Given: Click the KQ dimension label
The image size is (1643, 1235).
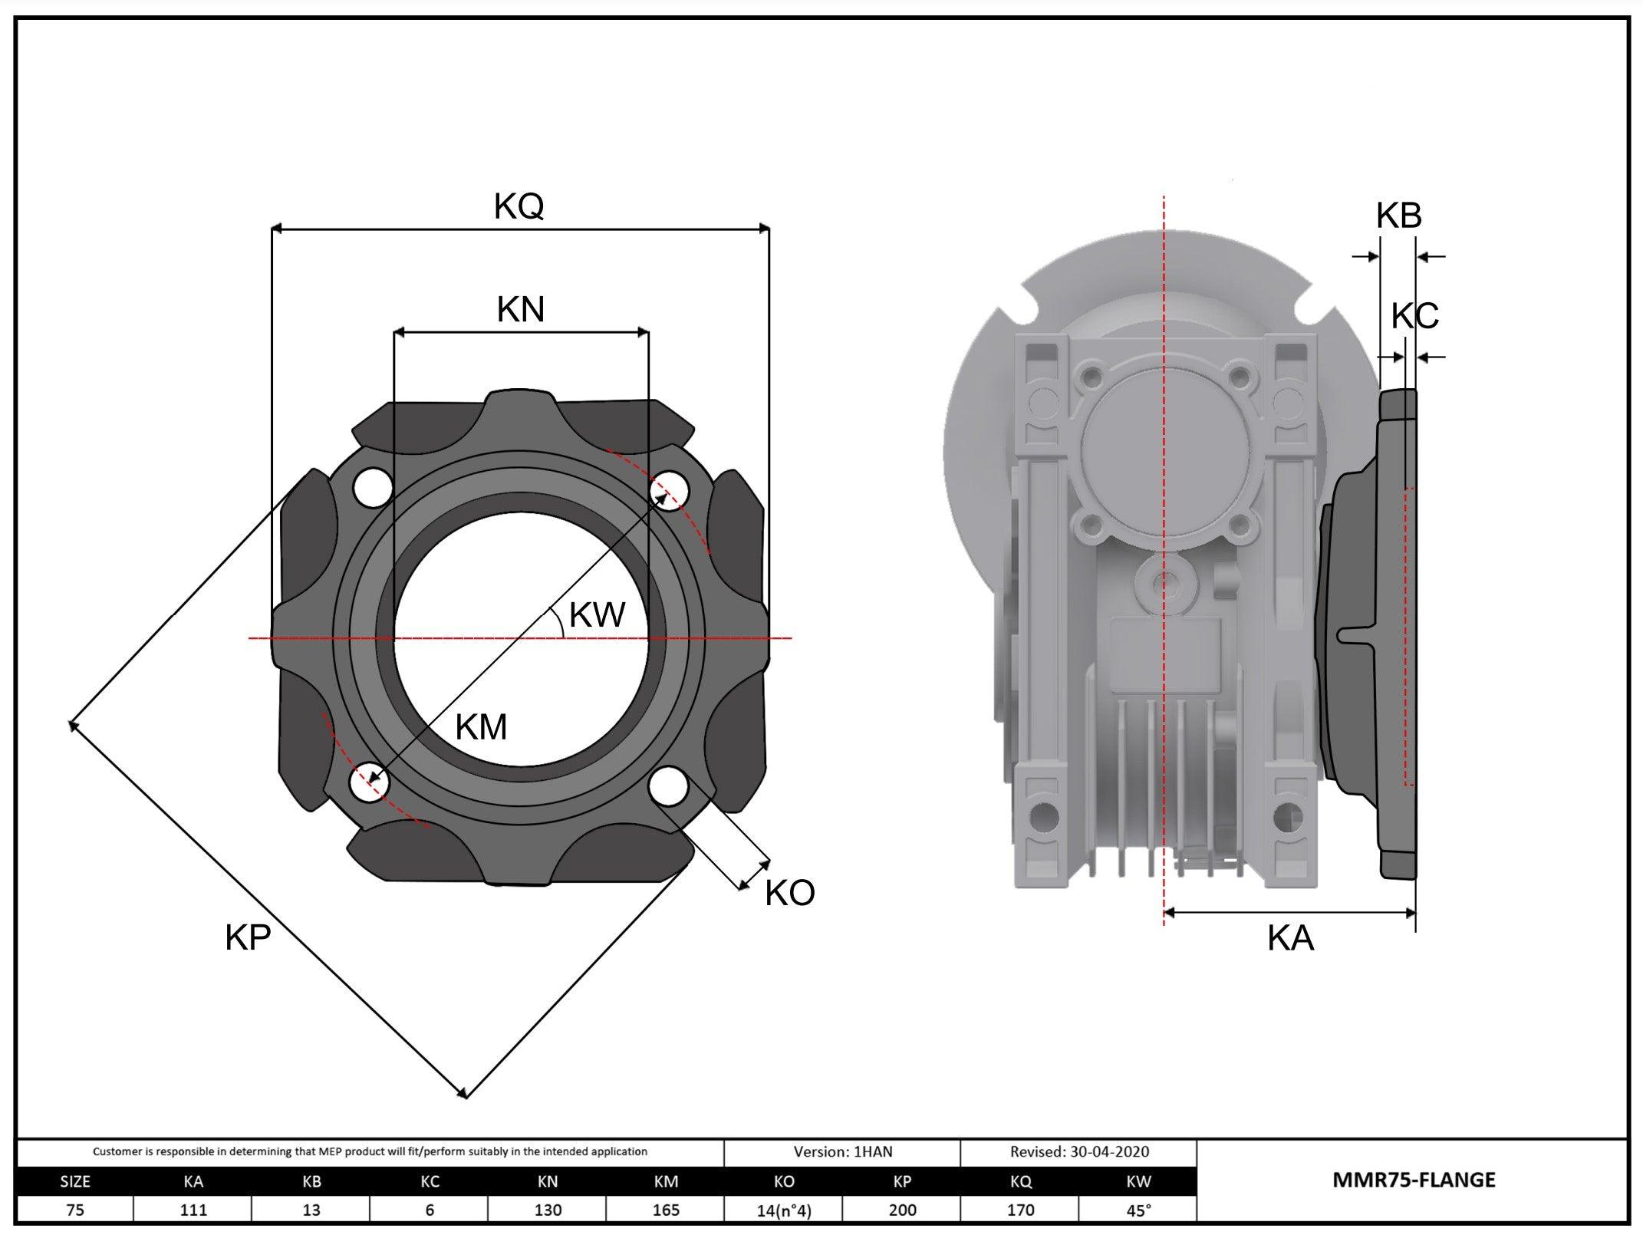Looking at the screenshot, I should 519,206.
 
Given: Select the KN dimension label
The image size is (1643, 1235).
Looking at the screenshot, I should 521,310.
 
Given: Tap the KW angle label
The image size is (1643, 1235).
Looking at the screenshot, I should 598,615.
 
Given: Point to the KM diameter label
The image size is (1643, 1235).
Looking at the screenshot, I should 481,727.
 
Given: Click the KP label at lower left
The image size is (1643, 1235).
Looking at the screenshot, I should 248,938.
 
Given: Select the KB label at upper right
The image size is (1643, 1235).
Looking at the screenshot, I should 1398,216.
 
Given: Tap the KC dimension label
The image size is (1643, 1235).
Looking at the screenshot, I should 1414,316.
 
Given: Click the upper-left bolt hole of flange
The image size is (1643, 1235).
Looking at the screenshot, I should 373,488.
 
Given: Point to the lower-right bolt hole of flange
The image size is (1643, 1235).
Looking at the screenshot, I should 669,786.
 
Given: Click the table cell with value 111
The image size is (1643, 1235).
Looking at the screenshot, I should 193,1210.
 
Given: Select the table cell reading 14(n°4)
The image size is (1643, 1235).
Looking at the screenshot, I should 784,1210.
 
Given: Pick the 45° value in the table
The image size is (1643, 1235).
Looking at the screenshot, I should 1138,1210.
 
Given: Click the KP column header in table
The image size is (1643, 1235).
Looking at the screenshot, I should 902,1182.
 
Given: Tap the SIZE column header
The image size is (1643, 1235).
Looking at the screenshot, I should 75,1182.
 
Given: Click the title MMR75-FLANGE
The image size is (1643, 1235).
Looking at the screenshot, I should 1414,1180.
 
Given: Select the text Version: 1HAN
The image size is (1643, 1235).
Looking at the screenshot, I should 842,1151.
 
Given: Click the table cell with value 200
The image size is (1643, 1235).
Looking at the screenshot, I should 902,1210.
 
